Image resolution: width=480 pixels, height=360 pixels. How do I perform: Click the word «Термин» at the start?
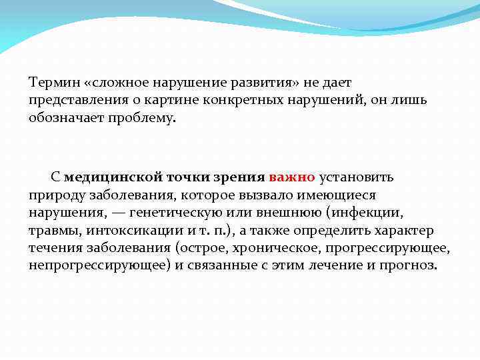pyautogui.click(x=54, y=83)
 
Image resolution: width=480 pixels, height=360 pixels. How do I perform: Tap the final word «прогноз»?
pyautogui.click(x=408, y=265)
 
